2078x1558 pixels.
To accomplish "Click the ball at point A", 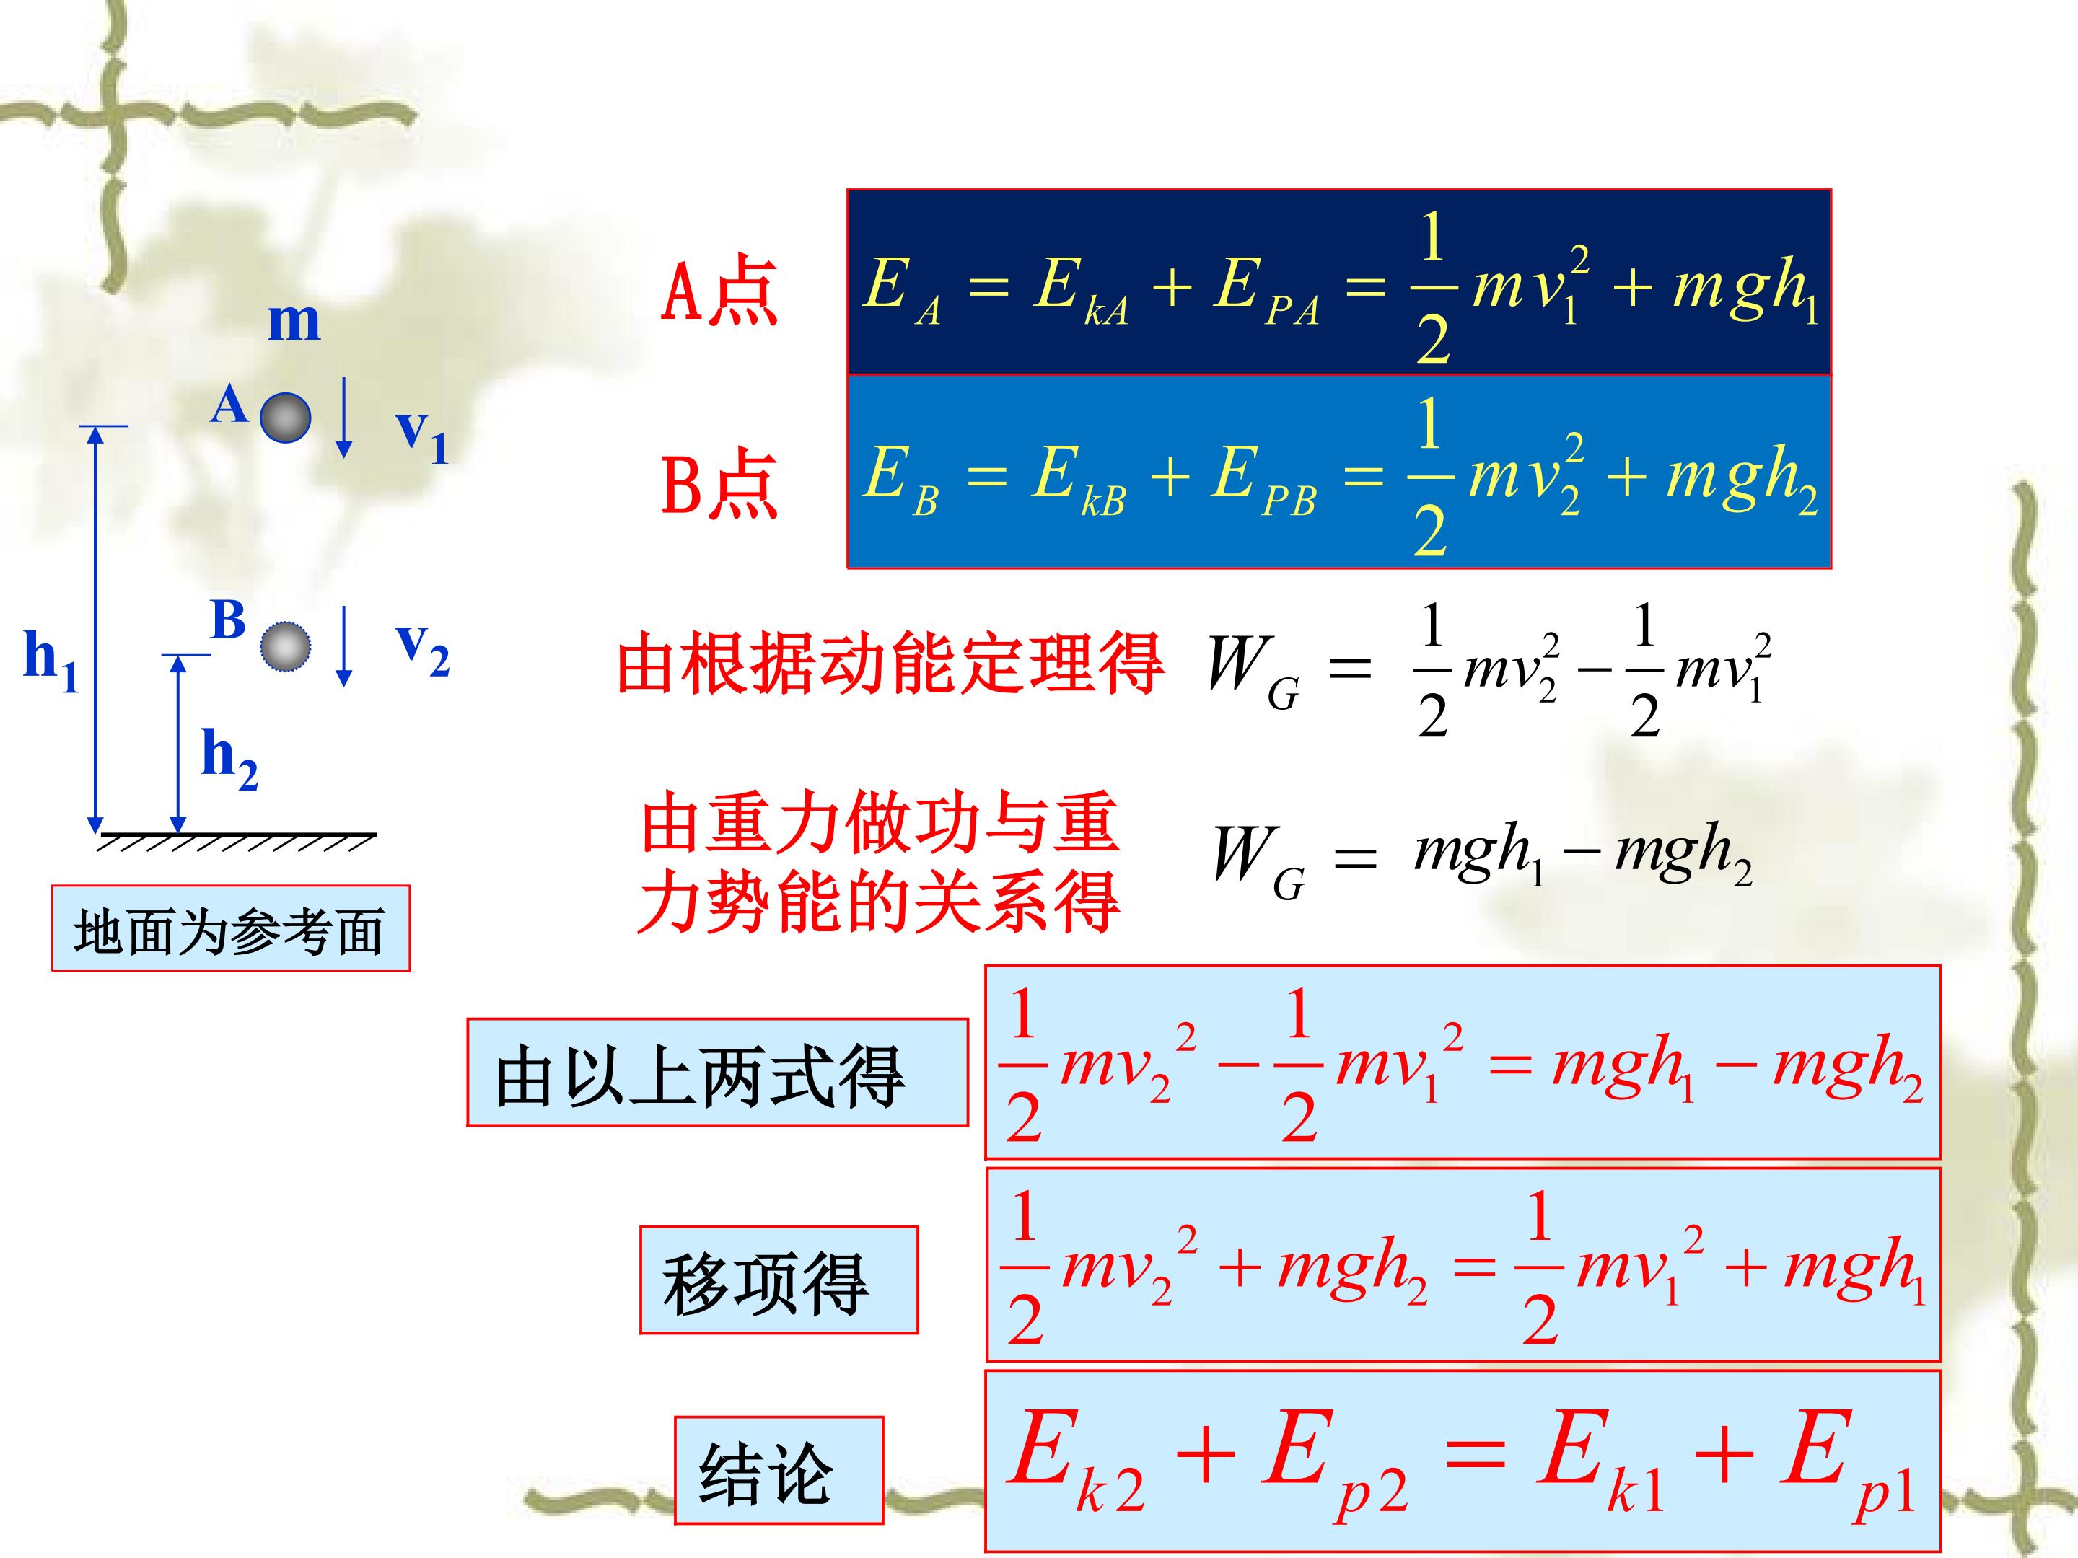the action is [286, 417].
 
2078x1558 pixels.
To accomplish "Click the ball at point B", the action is [286, 646].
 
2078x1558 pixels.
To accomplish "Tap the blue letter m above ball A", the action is [294, 322].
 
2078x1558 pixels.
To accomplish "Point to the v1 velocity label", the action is [422, 436].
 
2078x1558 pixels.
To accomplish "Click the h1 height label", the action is [51, 660].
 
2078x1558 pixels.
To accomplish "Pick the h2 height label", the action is [230, 759].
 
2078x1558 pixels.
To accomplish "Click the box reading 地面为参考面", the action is [230, 928].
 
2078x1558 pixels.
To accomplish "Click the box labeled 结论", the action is [779, 1471].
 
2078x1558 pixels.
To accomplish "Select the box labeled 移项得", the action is [779, 1279].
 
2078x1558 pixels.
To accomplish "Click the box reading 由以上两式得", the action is [718, 1072].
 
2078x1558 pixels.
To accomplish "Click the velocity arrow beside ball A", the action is [344, 417].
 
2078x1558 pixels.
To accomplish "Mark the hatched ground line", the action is [237, 840].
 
